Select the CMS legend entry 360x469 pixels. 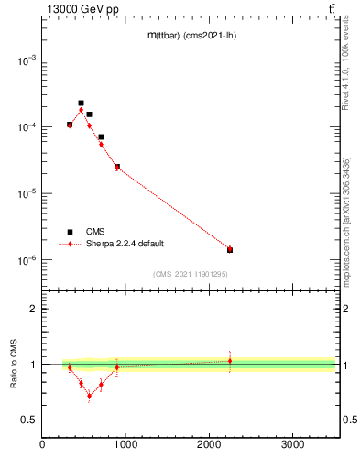pos(95,232)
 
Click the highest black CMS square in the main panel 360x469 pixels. pos(81,104)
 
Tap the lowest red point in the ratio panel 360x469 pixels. pos(89,396)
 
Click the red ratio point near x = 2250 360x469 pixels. pos(230,361)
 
